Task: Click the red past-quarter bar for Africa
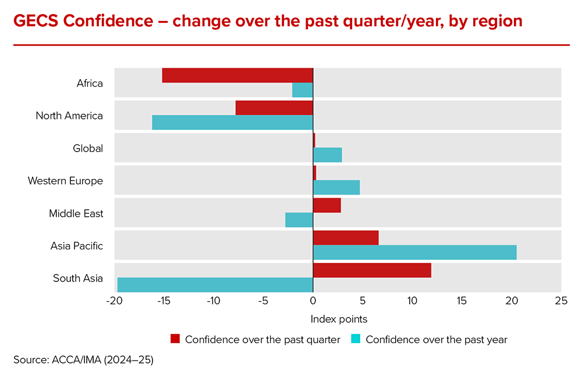pyautogui.click(x=237, y=75)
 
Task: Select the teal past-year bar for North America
pyautogui.click(x=233, y=122)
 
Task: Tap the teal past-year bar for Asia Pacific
pyautogui.click(x=414, y=252)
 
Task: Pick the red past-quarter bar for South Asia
pyautogui.click(x=372, y=270)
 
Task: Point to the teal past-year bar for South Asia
pyautogui.click(x=215, y=285)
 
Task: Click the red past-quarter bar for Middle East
pyautogui.click(x=327, y=205)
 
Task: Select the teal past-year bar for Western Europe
pyautogui.click(x=336, y=187)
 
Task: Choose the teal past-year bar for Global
pyautogui.click(x=327, y=155)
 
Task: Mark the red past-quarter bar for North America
pyautogui.click(x=274, y=108)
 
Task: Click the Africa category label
pyautogui.click(x=90, y=83)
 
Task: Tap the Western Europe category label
pyautogui.click(x=65, y=181)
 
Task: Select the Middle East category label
pyautogui.click(x=76, y=213)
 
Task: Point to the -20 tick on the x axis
pyautogui.click(x=115, y=301)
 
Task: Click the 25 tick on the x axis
pyautogui.click(x=560, y=301)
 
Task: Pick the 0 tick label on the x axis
pyautogui.click(x=313, y=301)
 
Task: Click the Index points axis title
pyautogui.click(x=339, y=319)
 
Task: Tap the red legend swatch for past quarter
pyautogui.click(x=175, y=339)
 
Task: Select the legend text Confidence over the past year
pyautogui.click(x=436, y=340)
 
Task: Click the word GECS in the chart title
pyautogui.click(x=36, y=21)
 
